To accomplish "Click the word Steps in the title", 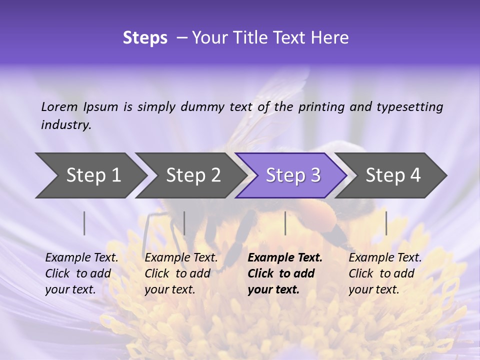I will [145, 38].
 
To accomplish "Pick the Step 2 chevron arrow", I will [192, 175].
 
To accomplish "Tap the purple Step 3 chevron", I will [292, 175].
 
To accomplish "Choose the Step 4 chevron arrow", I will [392, 175].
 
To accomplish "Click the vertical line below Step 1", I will [84, 223].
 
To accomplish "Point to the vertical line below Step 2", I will [184, 223].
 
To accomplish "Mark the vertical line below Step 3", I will [285, 223].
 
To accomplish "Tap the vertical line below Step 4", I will [386, 223].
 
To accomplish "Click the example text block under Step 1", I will [81, 273].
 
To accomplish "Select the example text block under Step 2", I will [181, 273].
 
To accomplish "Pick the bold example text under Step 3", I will [284, 273].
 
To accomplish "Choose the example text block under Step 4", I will [385, 273].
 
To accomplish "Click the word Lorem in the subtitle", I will [59, 107].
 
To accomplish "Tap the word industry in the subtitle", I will [66, 125].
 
